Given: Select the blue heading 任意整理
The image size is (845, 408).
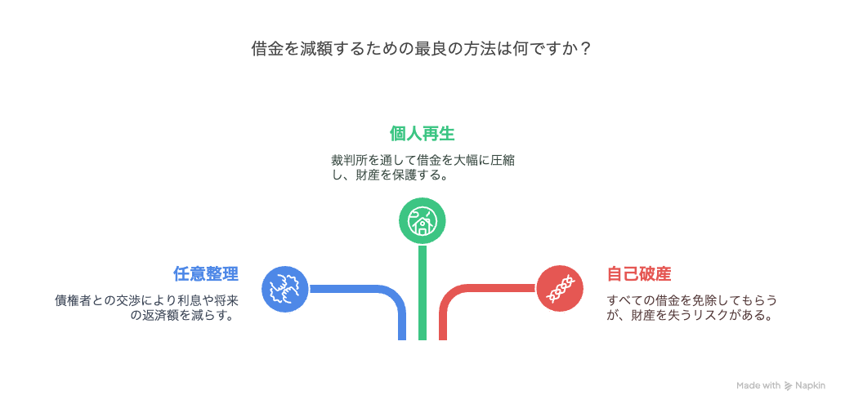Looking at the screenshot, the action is point(206,273).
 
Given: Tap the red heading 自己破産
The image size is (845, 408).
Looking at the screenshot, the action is point(639,273).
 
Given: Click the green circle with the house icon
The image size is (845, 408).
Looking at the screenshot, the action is point(422,220).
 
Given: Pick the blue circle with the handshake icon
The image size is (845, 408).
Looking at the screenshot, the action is point(284,289).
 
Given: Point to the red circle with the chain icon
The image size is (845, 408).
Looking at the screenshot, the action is point(560,289).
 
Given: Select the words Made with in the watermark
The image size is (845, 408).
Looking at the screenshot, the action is point(758,385).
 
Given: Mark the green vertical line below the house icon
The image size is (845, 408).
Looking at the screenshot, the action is point(422,292).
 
